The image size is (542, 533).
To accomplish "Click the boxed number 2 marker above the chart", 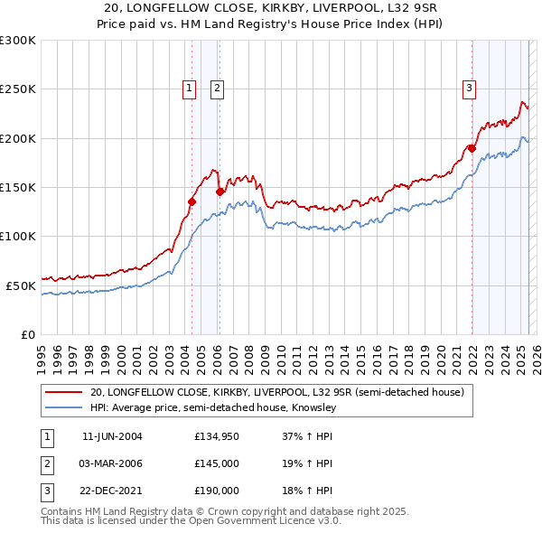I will point(218,88).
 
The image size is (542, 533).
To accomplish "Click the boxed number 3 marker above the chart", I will point(470,88).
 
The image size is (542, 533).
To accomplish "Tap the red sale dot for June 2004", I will point(192,201).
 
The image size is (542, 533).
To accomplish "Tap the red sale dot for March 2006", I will point(220,192).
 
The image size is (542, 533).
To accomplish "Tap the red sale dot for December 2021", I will point(472,148).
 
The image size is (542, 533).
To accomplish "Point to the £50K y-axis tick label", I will point(20,285).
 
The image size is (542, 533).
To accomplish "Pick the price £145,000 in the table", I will point(217,463).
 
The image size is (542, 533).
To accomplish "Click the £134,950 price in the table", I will point(217,436).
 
